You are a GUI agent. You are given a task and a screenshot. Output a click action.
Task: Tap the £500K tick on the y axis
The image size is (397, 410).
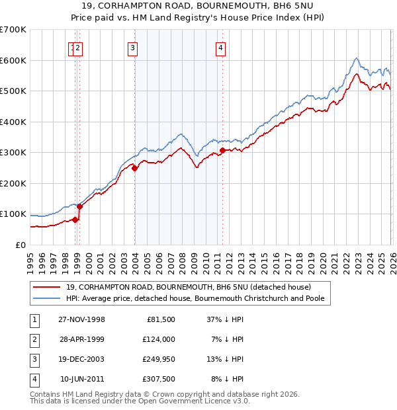pyautogui.click(x=13, y=91)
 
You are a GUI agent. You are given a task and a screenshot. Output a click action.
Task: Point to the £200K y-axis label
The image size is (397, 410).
pyautogui.click(x=13, y=183)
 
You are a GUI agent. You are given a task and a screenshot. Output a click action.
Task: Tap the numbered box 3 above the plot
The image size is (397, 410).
pyautogui.click(x=133, y=47)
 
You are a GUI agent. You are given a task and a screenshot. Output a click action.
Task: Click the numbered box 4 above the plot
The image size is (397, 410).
pyautogui.click(x=220, y=47)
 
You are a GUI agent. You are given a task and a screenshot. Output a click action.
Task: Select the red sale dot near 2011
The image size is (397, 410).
pyautogui.click(x=222, y=151)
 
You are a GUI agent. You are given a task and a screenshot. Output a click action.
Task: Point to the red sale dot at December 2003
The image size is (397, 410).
pyautogui.click(x=135, y=168)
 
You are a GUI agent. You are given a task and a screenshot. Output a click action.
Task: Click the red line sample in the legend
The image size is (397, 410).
pyautogui.click(x=47, y=287)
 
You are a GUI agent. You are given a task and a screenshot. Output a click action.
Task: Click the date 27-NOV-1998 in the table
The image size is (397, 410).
pyautogui.click(x=82, y=319)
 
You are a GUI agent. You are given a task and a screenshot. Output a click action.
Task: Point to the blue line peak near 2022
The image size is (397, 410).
pyautogui.click(x=356, y=58)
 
